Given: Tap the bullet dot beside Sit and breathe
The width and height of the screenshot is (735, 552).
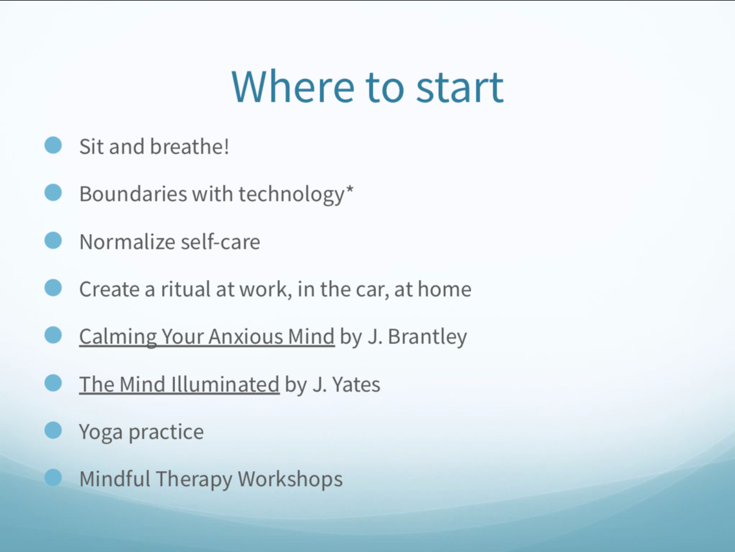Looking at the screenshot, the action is click(x=53, y=145).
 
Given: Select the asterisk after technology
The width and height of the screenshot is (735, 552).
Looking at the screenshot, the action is click(x=349, y=189).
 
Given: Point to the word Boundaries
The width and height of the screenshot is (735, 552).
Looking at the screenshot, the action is click(x=133, y=194).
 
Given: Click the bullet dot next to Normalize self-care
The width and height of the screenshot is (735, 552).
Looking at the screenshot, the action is click(x=53, y=240).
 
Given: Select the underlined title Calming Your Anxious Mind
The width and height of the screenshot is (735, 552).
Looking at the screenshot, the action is click(x=207, y=336).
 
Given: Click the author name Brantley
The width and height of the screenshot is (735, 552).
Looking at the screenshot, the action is click(x=428, y=336).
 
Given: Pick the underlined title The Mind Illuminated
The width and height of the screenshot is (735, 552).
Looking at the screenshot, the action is click(x=179, y=384).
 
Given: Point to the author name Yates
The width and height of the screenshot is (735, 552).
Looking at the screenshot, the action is click(x=356, y=384).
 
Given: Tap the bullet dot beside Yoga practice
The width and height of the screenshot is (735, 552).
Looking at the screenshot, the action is click(x=53, y=430).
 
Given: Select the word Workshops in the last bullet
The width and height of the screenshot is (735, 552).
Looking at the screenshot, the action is click(x=290, y=479).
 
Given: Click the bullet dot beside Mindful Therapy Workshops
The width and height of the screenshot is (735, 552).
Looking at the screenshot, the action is click(x=53, y=477).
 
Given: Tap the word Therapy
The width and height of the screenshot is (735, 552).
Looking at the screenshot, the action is click(x=194, y=479).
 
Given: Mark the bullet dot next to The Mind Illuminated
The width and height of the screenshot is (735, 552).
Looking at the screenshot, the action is click(x=53, y=382).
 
